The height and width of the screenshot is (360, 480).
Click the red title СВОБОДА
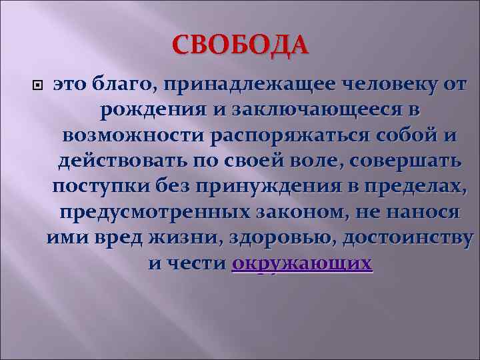240,45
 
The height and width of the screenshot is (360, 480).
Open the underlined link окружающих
302,263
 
